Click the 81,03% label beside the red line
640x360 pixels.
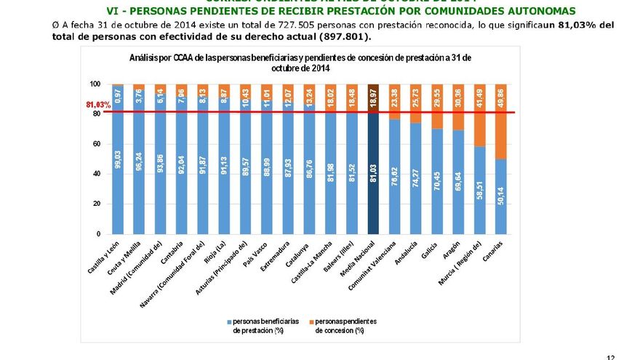tap(98, 105)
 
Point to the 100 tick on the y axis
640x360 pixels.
tap(96, 84)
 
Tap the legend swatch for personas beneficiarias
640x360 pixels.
tap(229, 321)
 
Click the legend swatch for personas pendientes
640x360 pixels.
tap(311, 321)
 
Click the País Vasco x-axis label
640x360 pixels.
tap(258, 255)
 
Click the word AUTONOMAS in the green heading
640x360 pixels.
tap(539, 11)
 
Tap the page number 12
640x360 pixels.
tap(611, 356)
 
